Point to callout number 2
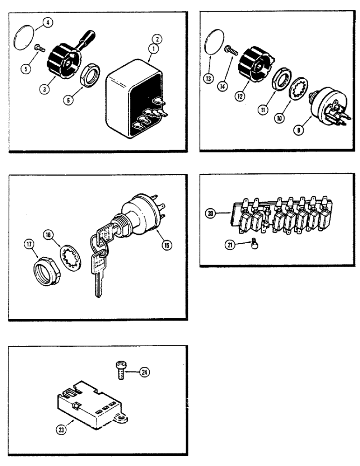[158, 39]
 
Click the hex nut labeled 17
[46, 268]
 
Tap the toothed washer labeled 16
[71, 256]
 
